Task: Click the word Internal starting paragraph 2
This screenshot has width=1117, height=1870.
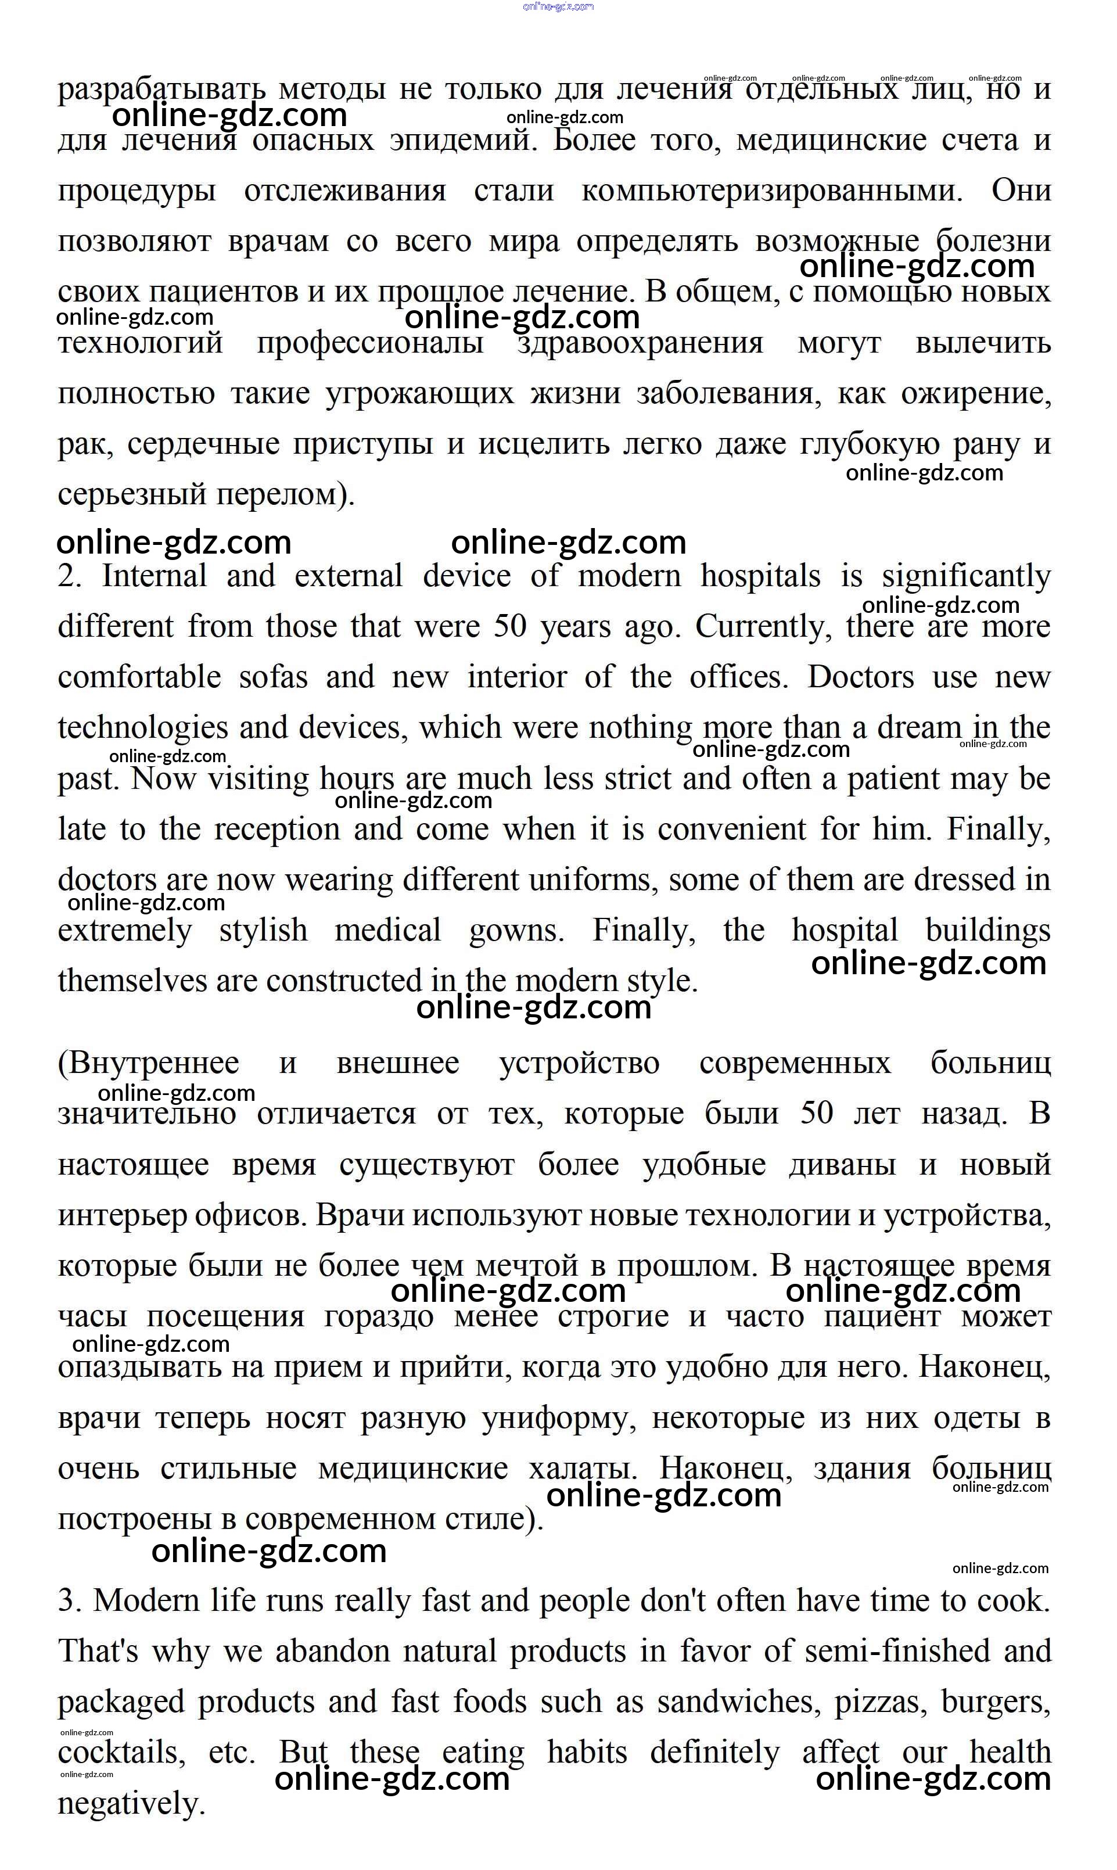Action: click(155, 577)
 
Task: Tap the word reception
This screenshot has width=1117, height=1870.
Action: click(277, 830)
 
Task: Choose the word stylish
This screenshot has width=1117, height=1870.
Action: click(264, 931)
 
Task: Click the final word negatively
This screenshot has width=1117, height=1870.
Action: click(132, 1804)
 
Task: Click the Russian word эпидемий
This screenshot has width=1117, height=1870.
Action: click(464, 141)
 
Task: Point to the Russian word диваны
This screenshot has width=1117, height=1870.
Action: click(842, 1165)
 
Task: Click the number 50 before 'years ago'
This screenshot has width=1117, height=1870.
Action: click(511, 626)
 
